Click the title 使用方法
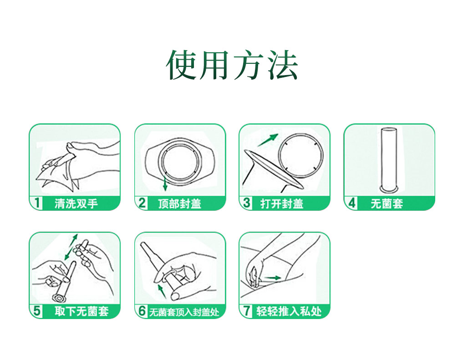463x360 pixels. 232,65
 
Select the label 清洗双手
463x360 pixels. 76,203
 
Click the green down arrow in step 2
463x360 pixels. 165,183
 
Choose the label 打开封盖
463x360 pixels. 282,203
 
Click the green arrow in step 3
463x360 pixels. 268,140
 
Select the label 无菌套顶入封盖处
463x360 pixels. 184,312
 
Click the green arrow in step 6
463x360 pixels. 161,291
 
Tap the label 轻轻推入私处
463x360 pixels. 289,312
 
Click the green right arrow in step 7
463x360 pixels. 273,277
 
